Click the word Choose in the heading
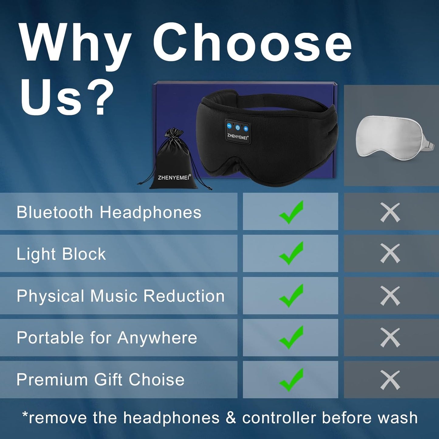point(252,43)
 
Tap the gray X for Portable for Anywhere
point(390,338)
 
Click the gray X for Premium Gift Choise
point(390,380)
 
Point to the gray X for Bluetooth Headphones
point(390,212)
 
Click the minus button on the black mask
point(230,126)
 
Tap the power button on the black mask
point(238,128)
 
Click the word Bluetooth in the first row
point(55,212)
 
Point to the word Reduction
point(184,296)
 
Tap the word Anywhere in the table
point(157,338)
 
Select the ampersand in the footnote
point(231,418)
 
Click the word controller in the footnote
point(279,418)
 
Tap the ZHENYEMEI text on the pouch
point(173,177)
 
